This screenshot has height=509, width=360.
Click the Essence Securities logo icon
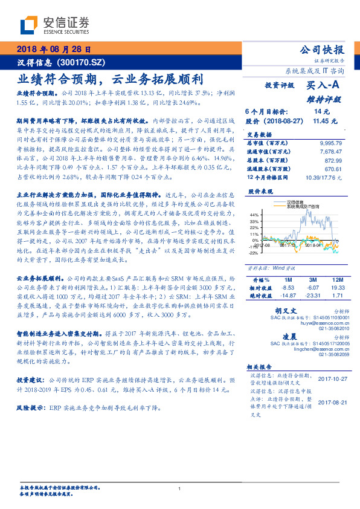29,25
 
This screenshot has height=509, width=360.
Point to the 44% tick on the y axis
254,215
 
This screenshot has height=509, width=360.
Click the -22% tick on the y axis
254,253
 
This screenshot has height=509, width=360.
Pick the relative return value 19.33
336,289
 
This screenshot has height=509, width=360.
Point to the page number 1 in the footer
179,488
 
